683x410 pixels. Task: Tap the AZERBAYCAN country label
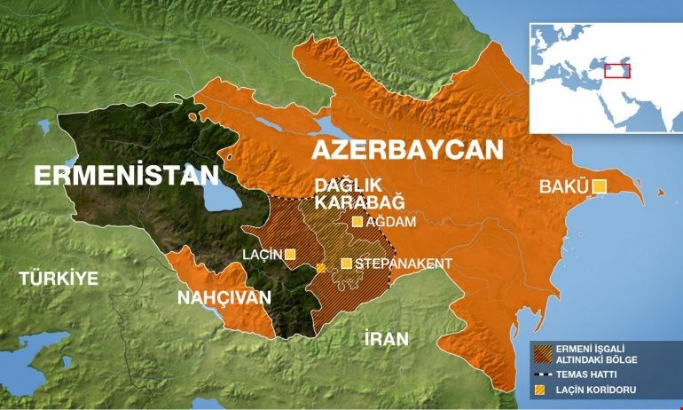[406, 148]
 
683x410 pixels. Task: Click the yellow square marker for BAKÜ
[600, 186]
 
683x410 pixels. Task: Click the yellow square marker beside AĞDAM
[357, 223]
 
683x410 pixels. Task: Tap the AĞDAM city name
[391, 223]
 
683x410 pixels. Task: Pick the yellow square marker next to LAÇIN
[290, 255]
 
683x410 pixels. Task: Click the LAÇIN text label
[262, 255]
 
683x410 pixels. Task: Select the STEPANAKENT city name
[404, 264]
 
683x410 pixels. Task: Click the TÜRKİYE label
[59, 278]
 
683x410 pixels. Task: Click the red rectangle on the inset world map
[617, 71]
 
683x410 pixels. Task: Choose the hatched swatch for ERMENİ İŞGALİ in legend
[539, 352]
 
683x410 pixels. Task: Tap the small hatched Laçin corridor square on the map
[320, 267]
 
